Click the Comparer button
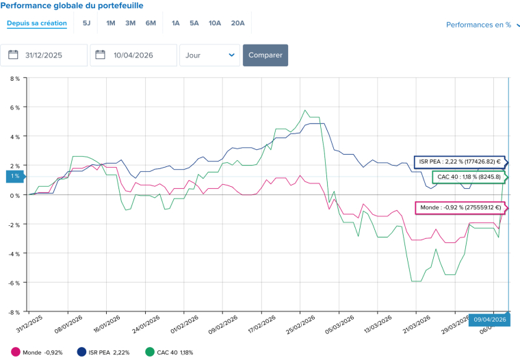point(265,55)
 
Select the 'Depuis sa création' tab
point(37,23)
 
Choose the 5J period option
point(86,23)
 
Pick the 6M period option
point(151,23)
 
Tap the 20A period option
point(237,23)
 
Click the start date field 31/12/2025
point(44,55)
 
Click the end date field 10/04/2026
point(133,55)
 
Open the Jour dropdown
point(209,55)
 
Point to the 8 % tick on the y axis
point(14,79)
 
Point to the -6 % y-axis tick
point(14,283)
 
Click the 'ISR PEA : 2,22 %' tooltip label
point(459,162)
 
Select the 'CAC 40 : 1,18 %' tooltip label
point(469,177)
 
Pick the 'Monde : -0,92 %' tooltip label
point(459,207)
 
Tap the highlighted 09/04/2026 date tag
point(489,320)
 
